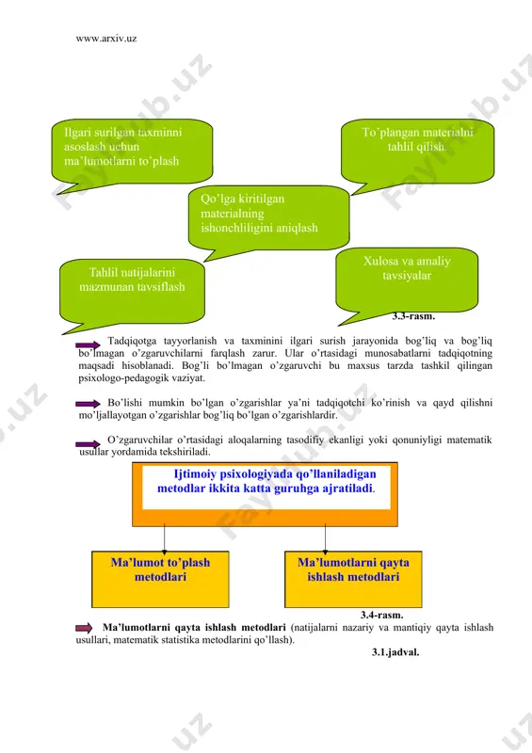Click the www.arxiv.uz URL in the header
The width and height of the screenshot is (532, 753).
pyautogui.click(x=106, y=39)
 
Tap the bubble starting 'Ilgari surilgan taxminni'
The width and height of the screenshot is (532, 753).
pyautogui.click(x=132, y=152)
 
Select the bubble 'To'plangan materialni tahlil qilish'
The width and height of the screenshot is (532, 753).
pyautogui.click(x=418, y=152)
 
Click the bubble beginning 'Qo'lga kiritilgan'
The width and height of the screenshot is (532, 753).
pyautogui.click(x=268, y=218)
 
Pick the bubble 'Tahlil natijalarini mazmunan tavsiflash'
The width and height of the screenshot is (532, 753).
pyautogui.click(x=132, y=292)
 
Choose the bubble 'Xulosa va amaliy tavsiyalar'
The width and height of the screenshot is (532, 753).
pyautogui.click(x=407, y=280)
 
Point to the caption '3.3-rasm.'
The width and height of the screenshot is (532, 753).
pyautogui.click(x=413, y=316)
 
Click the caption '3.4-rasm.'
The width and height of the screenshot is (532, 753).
pyautogui.click(x=382, y=615)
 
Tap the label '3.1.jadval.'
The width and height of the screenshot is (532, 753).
pyautogui.click(x=395, y=652)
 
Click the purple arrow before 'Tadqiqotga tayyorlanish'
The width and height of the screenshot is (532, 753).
pyautogui.click(x=88, y=344)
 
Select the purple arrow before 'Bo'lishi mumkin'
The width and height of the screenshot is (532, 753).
pyautogui.click(x=88, y=404)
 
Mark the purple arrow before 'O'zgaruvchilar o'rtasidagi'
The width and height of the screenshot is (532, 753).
pyautogui.click(x=88, y=444)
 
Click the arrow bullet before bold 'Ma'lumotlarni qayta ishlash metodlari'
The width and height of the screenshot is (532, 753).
pyautogui.click(x=84, y=628)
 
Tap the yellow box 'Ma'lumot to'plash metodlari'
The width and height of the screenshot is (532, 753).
pyautogui.click(x=160, y=579)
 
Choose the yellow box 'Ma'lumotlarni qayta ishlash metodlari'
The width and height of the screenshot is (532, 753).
pyautogui.click(x=353, y=579)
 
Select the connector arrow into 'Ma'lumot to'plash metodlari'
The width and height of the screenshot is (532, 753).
pyautogui.click(x=165, y=538)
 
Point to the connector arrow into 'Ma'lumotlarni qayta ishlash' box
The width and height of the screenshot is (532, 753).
pyautogui.click(x=326, y=538)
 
